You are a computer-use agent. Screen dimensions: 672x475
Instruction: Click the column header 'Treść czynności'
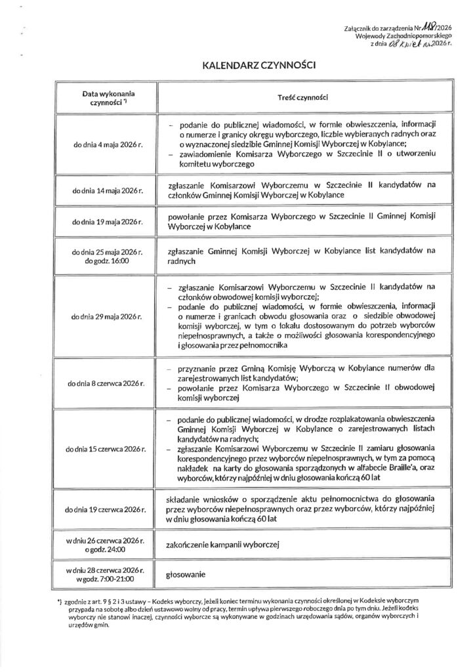tap(302, 97)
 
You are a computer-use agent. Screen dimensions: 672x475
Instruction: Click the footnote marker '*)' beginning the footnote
tap(60, 601)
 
